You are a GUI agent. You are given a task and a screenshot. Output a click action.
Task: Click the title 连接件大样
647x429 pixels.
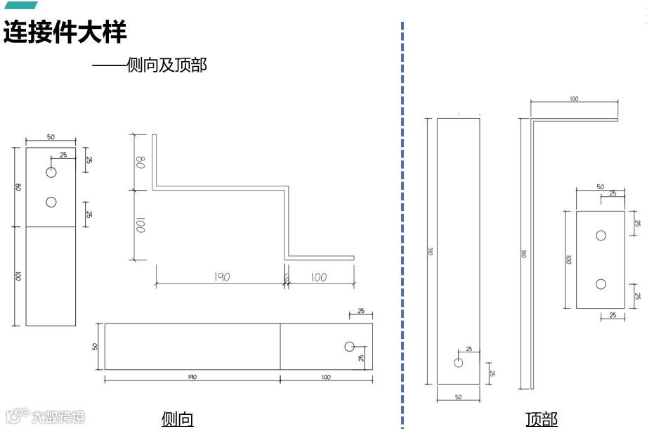tap(65, 32)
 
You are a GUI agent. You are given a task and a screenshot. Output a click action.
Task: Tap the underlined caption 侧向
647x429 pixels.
tap(177, 419)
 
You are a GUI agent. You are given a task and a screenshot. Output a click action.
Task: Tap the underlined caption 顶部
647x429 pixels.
tap(541, 419)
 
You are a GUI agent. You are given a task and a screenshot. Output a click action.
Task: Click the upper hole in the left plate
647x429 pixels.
tap(51, 173)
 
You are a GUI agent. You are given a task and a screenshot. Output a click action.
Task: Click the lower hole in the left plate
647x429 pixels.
tap(51, 203)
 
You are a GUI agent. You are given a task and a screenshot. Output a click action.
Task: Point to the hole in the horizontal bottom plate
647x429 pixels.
tap(350, 346)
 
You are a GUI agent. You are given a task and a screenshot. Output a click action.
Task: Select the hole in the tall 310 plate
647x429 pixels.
tap(459, 363)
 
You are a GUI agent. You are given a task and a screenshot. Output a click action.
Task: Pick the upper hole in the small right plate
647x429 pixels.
tap(601, 236)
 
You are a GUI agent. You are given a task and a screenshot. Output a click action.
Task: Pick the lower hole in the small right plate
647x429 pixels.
tap(601, 284)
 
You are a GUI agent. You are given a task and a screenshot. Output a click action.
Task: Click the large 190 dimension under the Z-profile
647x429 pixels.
tap(221, 277)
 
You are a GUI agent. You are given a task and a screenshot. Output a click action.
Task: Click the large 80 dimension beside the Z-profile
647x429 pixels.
tap(140, 162)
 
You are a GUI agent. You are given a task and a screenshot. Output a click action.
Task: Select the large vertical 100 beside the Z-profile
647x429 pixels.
tap(140, 226)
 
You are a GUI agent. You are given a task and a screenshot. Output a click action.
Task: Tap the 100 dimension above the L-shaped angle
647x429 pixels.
tap(574, 99)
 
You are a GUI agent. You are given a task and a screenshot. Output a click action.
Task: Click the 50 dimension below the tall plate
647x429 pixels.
tap(458, 397)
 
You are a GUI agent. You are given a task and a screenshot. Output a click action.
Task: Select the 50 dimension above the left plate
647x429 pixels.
tap(51, 137)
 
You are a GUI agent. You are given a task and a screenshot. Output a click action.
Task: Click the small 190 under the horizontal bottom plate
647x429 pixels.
tap(192, 377)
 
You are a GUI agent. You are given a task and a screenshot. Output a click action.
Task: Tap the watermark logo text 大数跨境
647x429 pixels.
tap(58, 416)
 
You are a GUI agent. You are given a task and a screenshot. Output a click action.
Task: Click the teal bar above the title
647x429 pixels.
tap(20, 6)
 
